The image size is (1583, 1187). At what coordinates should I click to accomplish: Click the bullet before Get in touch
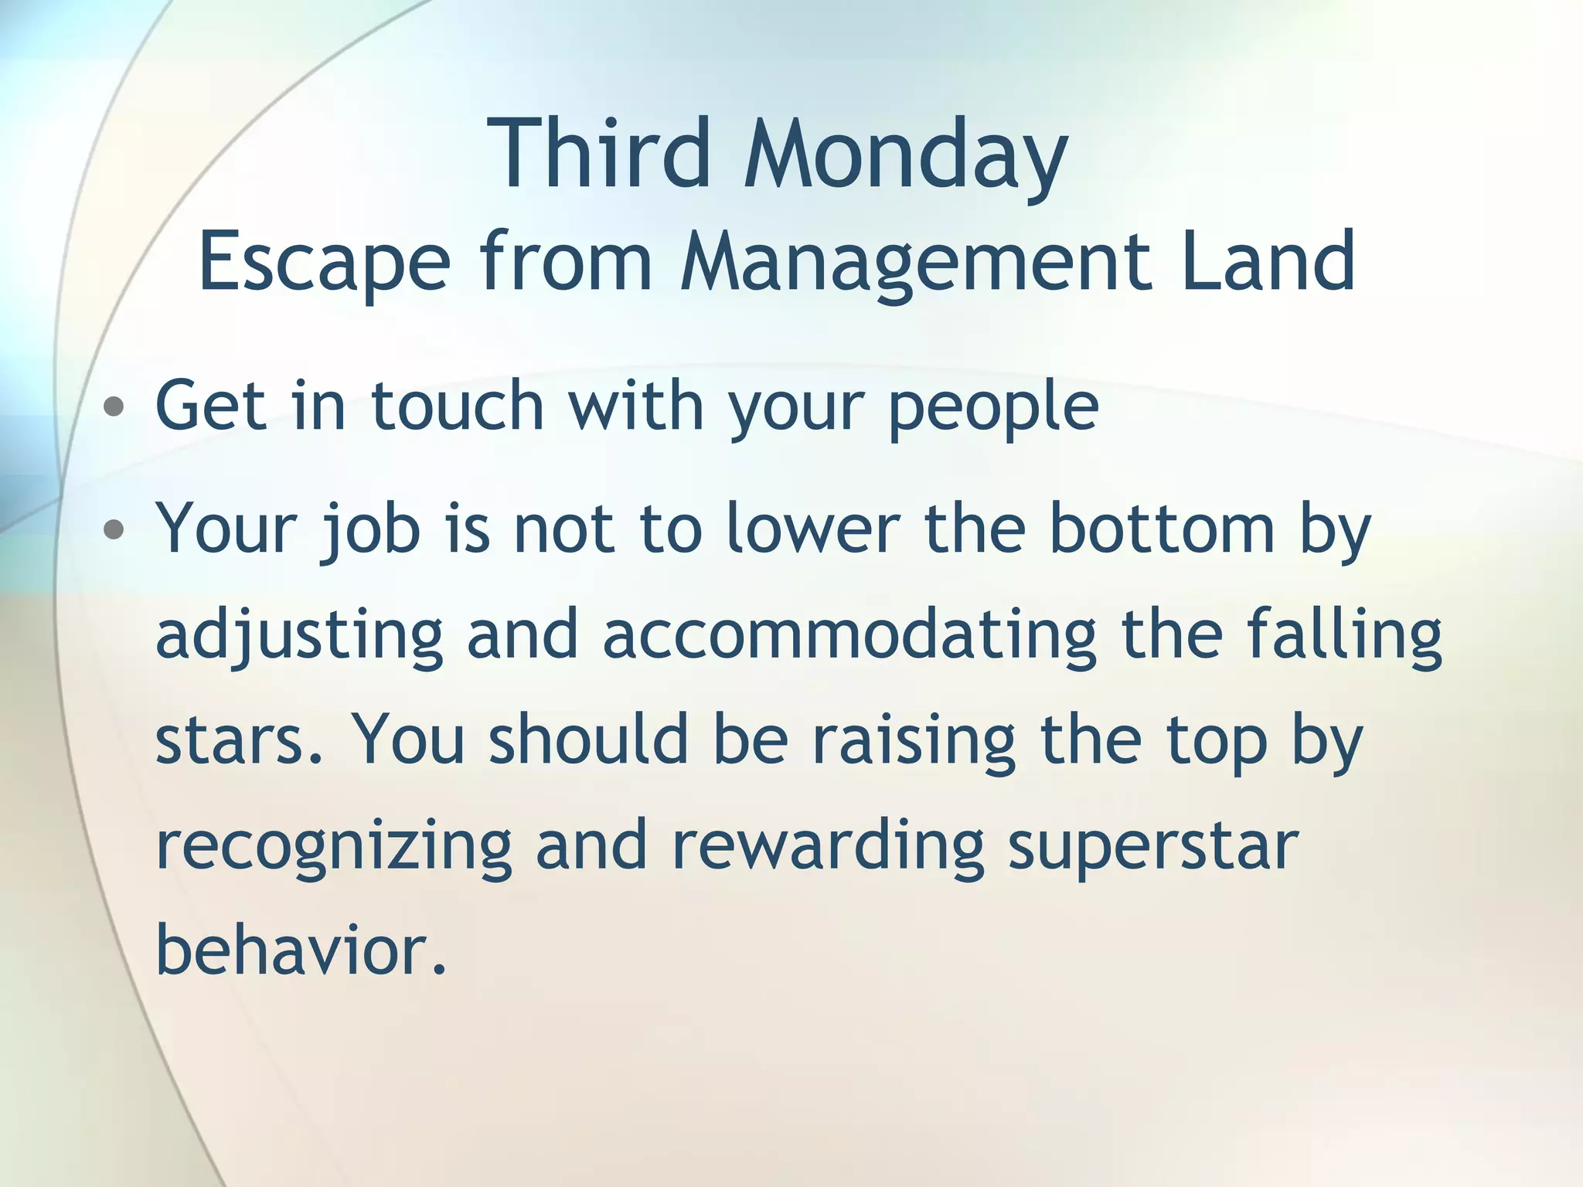tap(114, 407)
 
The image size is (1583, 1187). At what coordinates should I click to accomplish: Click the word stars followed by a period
tap(236, 740)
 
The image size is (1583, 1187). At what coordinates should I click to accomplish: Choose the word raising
tap(913, 740)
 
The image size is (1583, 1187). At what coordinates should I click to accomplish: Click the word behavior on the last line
tap(300, 951)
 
